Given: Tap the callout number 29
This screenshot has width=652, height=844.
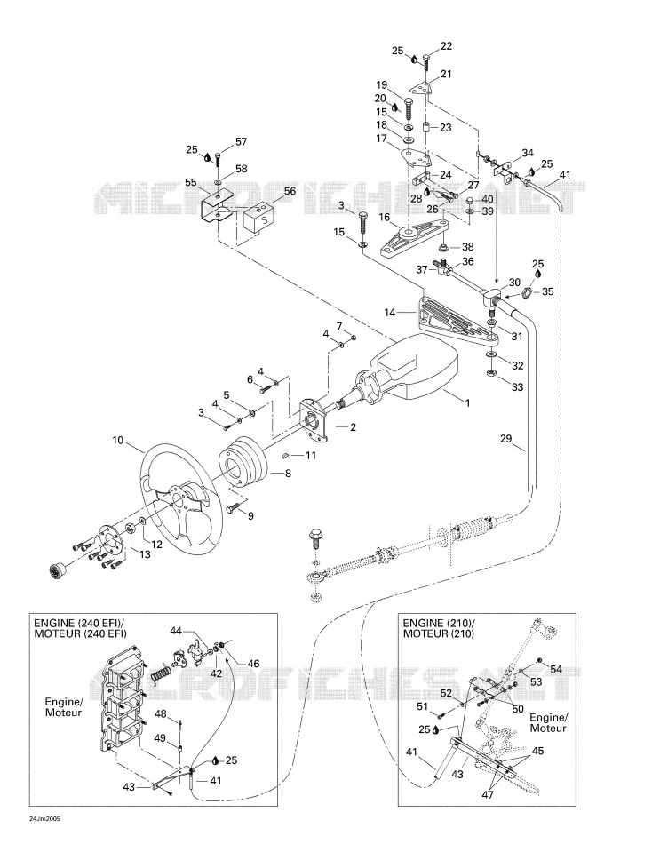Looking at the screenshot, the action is (x=505, y=438).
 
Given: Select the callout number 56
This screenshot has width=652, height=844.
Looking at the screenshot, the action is (x=290, y=191).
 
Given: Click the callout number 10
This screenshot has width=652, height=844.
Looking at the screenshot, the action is (x=118, y=441).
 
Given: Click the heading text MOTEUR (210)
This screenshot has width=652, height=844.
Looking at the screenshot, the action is (x=439, y=633).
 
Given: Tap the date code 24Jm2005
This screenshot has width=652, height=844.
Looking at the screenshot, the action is (x=45, y=817).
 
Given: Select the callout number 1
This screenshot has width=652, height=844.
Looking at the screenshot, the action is (x=467, y=402).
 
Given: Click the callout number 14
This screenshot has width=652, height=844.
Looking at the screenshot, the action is (x=390, y=312).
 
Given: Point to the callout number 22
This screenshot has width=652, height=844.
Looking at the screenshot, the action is (x=446, y=47).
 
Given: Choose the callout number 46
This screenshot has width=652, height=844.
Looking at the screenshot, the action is (x=253, y=664).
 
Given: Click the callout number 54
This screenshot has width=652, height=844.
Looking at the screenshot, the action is (x=556, y=669).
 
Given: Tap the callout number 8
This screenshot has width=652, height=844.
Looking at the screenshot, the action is (x=288, y=474).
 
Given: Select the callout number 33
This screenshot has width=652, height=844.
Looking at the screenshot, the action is (x=517, y=387).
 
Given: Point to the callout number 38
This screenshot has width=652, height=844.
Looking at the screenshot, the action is (x=468, y=247).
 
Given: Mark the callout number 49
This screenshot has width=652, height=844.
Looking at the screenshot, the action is (x=160, y=738).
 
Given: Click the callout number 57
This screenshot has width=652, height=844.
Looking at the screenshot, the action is (x=241, y=142).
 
